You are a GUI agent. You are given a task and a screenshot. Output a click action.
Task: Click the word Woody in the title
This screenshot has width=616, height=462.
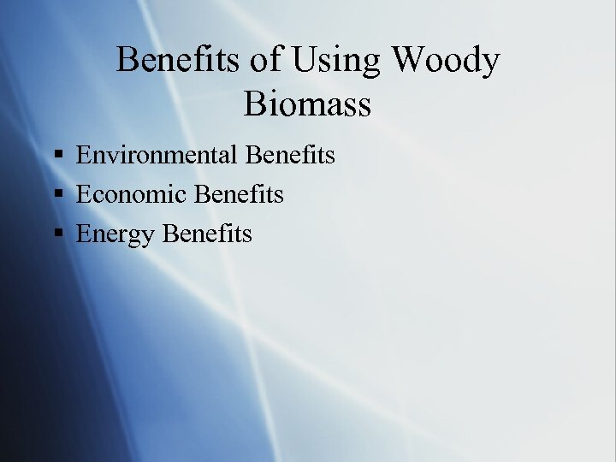click(x=446, y=61)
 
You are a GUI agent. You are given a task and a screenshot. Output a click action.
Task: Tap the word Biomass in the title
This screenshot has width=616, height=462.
click(x=307, y=104)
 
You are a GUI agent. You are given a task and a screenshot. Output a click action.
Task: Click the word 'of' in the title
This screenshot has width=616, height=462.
click(x=265, y=61)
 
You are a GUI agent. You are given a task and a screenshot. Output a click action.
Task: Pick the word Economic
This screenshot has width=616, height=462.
click(x=132, y=195)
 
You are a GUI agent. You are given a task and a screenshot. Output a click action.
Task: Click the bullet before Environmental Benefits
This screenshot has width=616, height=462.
click(x=58, y=156)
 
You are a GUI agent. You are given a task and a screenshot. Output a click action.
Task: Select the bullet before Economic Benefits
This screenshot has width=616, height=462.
click(x=58, y=195)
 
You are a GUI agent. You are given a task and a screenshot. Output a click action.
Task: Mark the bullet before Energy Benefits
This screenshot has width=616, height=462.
click(x=58, y=234)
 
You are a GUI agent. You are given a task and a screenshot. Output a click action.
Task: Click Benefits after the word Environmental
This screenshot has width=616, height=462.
click(x=290, y=156)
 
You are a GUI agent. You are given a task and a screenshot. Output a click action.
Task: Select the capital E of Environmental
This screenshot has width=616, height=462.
click(x=83, y=156)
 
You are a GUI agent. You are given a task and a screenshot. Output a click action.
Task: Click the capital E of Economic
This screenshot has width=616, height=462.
click(x=83, y=195)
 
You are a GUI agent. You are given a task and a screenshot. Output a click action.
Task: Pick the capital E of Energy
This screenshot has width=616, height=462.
click(x=83, y=234)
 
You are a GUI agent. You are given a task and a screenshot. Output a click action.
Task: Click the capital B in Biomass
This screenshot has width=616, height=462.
click(x=255, y=104)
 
